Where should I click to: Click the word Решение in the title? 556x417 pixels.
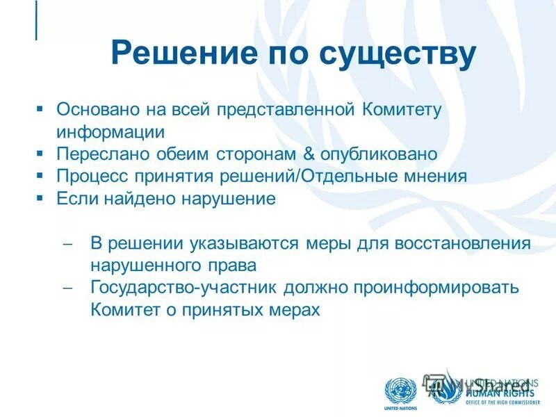coord(176,54)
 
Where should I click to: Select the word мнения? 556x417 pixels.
coord(434,176)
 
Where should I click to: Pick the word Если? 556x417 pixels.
coord(74,198)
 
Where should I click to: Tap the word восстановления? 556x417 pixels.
coord(463,244)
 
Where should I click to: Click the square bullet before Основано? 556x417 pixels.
coord(40,109)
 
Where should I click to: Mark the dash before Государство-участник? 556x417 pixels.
coord(67,288)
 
